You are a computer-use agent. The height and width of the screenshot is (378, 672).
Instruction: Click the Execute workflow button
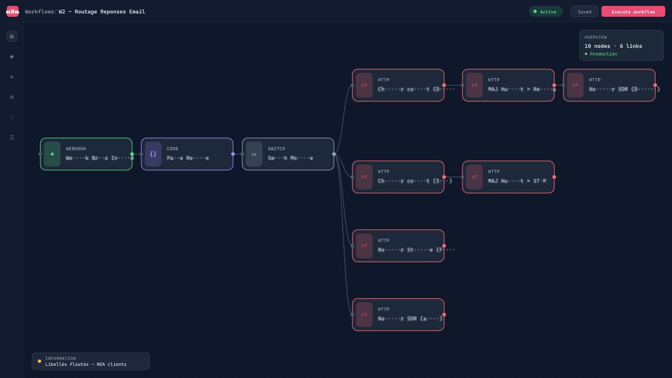633,12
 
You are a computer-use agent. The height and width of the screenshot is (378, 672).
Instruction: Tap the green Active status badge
545,12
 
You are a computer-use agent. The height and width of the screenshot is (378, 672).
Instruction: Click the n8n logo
12,11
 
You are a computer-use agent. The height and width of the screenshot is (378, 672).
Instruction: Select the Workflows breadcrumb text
39,12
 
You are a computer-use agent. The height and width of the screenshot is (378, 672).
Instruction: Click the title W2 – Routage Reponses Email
102,12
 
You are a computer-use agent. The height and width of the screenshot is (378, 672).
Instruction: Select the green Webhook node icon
52,154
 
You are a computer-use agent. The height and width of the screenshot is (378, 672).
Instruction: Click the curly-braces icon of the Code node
153,154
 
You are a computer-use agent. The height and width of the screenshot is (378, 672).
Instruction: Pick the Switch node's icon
254,154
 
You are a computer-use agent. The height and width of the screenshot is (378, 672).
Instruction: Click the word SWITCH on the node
276,149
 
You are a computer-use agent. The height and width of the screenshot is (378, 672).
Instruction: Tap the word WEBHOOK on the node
76,149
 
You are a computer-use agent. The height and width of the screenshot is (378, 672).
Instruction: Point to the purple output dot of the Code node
233,154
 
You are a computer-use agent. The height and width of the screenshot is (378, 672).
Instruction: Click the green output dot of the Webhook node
132,154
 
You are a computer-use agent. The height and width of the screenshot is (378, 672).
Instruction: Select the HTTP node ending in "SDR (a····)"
398,315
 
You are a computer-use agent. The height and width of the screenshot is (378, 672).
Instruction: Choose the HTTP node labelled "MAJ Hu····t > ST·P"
508,177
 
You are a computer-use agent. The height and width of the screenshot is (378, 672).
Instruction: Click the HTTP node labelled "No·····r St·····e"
398,246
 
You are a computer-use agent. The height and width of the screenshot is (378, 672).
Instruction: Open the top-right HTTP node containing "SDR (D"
609,85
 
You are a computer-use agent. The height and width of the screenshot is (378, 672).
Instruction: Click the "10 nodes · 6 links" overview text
613,46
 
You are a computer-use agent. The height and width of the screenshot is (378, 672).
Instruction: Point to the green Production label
603,54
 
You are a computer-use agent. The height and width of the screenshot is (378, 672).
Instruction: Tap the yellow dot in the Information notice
39,361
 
